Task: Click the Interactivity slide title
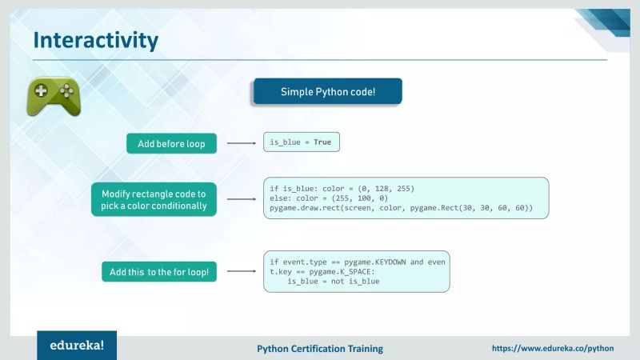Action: (95, 39)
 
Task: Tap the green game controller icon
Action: (54, 97)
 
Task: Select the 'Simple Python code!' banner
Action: (327, 92)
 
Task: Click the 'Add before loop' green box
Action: (171, 144)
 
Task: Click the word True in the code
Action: (322, 142)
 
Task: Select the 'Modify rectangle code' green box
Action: (154, 199)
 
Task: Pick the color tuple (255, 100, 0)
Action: (343, 198)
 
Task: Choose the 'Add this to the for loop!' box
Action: (160, 272)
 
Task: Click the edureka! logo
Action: (76, 347)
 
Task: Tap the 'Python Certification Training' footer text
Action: (319, 349)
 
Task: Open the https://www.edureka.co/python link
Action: (552, 349)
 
